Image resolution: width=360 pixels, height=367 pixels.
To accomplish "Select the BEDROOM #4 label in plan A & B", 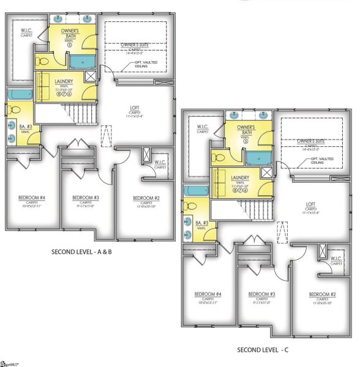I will point(30,198).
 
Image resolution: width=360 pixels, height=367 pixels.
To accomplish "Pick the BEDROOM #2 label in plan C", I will point(322,293).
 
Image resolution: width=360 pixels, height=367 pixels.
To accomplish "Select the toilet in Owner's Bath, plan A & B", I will point(44,61).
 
